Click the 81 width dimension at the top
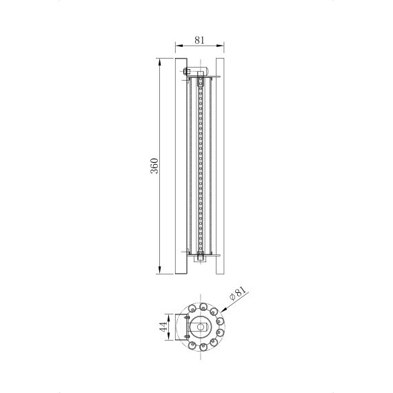[x=199, y=39]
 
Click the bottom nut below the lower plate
[x=201, y=261]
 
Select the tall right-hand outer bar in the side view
[x=221, y=165]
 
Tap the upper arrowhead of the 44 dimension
[x=170, y=317]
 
